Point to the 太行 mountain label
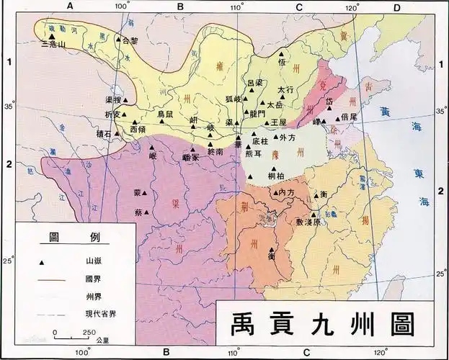coord(286,90)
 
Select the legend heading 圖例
coord(74,238)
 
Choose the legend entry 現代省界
coord(97,313)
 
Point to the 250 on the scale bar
coord(89,331)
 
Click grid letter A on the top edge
coord(71,6)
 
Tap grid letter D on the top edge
coord(396,6)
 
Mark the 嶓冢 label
coord(190,158)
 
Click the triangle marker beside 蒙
coord(148,194)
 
